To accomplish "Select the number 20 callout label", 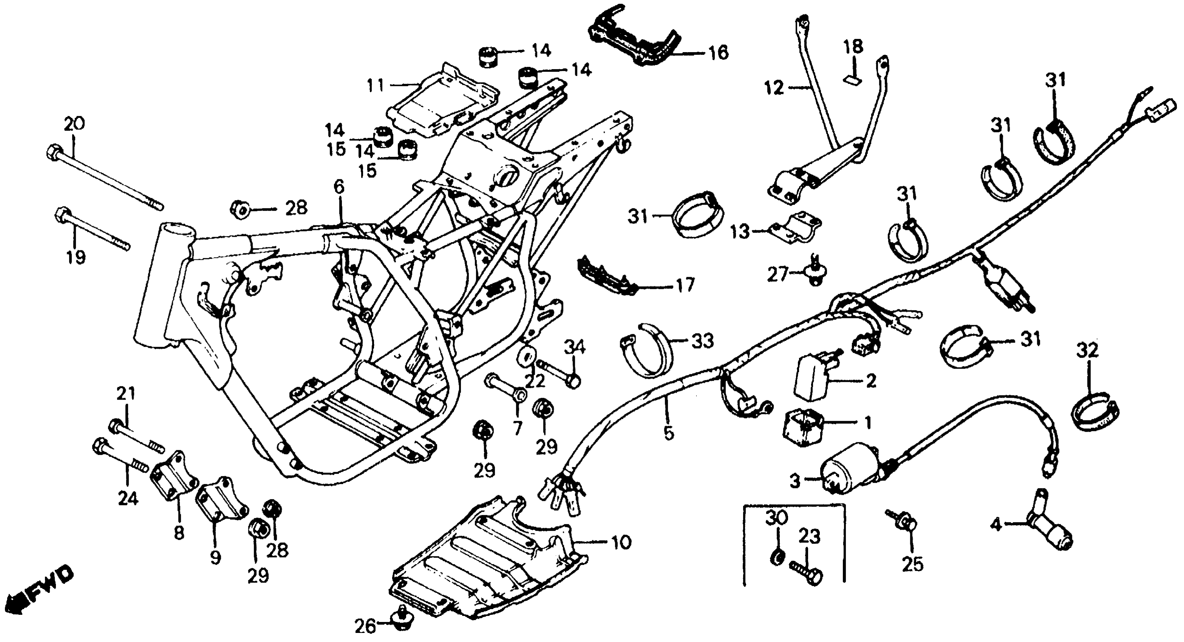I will point(74,124).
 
